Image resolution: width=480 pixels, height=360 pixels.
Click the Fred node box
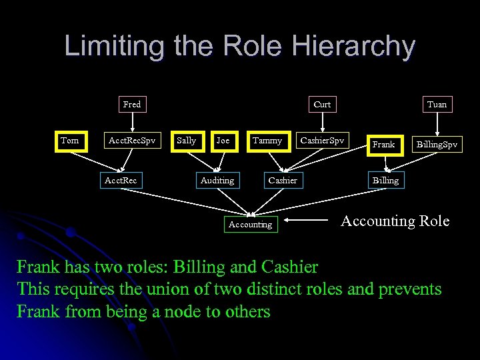coord(132,104)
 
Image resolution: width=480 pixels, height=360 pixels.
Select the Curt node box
coord(322,104)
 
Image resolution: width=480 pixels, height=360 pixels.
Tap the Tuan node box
coord(437,104)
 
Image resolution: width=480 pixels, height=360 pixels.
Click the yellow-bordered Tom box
coord(70,141)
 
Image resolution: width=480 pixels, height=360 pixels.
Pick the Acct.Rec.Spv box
coord(132,141)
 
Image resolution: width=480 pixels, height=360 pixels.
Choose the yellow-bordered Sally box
coord(187,141)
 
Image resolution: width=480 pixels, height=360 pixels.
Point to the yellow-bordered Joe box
coord(223,141)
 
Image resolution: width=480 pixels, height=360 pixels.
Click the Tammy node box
coord(267,141)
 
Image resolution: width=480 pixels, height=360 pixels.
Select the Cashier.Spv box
coord(322,141)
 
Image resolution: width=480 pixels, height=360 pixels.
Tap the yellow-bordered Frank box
coord(383,144)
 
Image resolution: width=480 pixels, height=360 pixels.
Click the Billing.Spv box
coord(437,144)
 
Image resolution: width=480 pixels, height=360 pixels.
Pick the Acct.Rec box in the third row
coord(121,180)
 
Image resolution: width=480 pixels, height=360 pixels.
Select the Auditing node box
coord(217,180)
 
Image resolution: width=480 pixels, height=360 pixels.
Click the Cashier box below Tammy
coord(283,180)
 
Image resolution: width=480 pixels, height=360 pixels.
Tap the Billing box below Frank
coord(385,180)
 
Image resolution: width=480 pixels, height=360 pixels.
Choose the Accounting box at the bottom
coord(250,225)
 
